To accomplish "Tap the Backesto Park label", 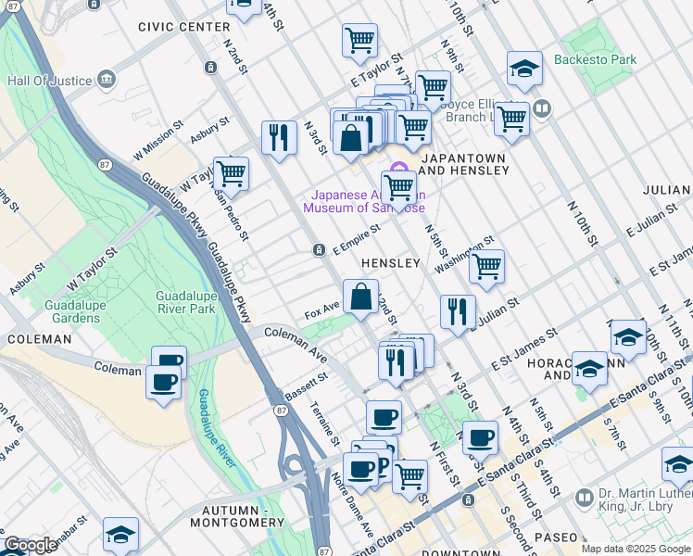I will coord(595,59).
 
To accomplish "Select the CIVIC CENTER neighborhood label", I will coord(183,27).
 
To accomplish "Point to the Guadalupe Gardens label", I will coord(59,311).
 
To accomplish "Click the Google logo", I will coord(31,545).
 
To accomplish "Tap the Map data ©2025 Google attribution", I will coord(636,549).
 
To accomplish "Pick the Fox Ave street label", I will coord(321,310).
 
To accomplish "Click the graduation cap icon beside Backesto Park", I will coord(524,68).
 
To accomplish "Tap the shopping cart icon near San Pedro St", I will coord(231,173).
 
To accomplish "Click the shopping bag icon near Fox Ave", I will coord(361,297).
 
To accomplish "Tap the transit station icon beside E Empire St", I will coord(319,249).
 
